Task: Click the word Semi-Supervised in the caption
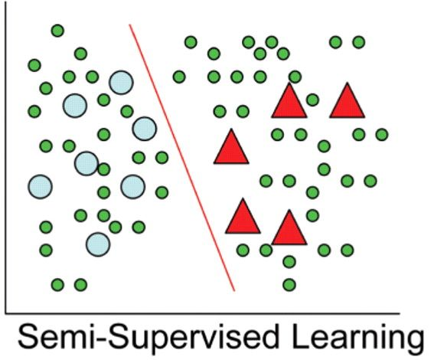[x=148, y=338]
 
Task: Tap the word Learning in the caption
[x=357, y=338]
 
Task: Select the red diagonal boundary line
[x=182, y=158]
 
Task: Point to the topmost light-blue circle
[x=121, y=83]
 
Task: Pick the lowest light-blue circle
[x=98, y=244]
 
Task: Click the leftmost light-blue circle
[x=41, y=187]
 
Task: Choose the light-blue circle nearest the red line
[x=145, y=129]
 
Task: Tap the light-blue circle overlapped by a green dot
[x=86, y=163]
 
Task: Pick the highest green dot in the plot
[x=57, y=31]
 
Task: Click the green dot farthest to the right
[x=382, y=134]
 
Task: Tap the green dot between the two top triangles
[x=312, y=100]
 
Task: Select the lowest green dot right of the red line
[x=289, y=285]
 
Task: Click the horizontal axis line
[x=202, y=313]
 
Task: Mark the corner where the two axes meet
[x=5, y=313]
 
